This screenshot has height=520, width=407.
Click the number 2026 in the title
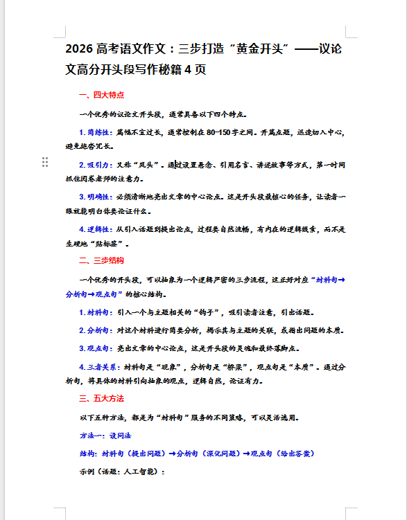[x=81, y=49]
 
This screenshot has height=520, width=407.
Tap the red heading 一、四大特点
[x=102, y=95]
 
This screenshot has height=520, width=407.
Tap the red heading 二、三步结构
[x=102, y=260]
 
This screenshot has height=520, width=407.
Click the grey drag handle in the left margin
[x=45, y=162]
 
